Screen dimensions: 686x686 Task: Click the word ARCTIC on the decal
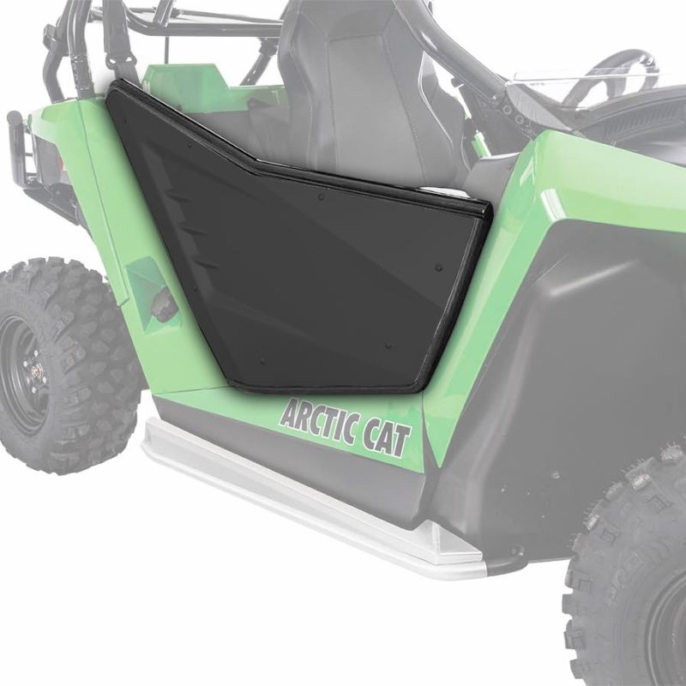pyautogui.click(x=319, y=424)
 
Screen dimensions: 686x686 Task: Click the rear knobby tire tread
pyautogui.click(x=66, y=363)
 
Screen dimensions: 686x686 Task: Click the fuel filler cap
pyautogui.click(x=164, y=305)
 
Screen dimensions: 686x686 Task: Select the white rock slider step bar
pyautogui.click(x=306, y=495)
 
